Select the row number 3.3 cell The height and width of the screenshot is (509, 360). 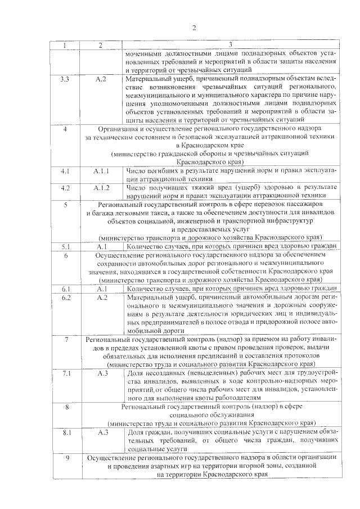65,79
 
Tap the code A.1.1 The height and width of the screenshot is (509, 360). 101,170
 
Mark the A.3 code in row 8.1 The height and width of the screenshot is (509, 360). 102,432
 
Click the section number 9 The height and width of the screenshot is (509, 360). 67,457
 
